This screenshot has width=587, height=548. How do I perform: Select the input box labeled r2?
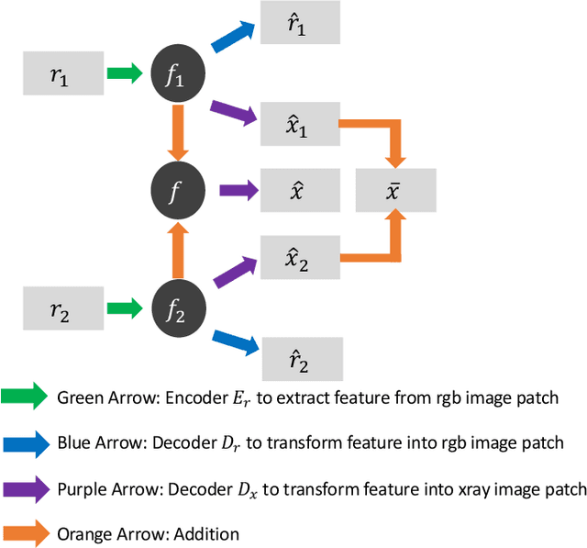click(x=60, y=308)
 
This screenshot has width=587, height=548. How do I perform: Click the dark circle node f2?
click(x=174, y=309)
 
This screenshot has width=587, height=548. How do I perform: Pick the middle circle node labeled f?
click(x=174, y=191)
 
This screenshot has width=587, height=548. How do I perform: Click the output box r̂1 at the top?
click(x=300, y=22)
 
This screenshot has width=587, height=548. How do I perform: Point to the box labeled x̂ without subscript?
click(x=300, y=191)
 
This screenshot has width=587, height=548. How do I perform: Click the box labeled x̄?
click(x=396, y=191)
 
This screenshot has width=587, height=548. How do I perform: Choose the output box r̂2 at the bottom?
click(x=303, y=358)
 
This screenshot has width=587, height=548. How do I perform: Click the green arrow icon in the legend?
click(x=26, y=397)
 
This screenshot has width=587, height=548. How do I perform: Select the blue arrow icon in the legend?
click(x=26, y=442)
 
